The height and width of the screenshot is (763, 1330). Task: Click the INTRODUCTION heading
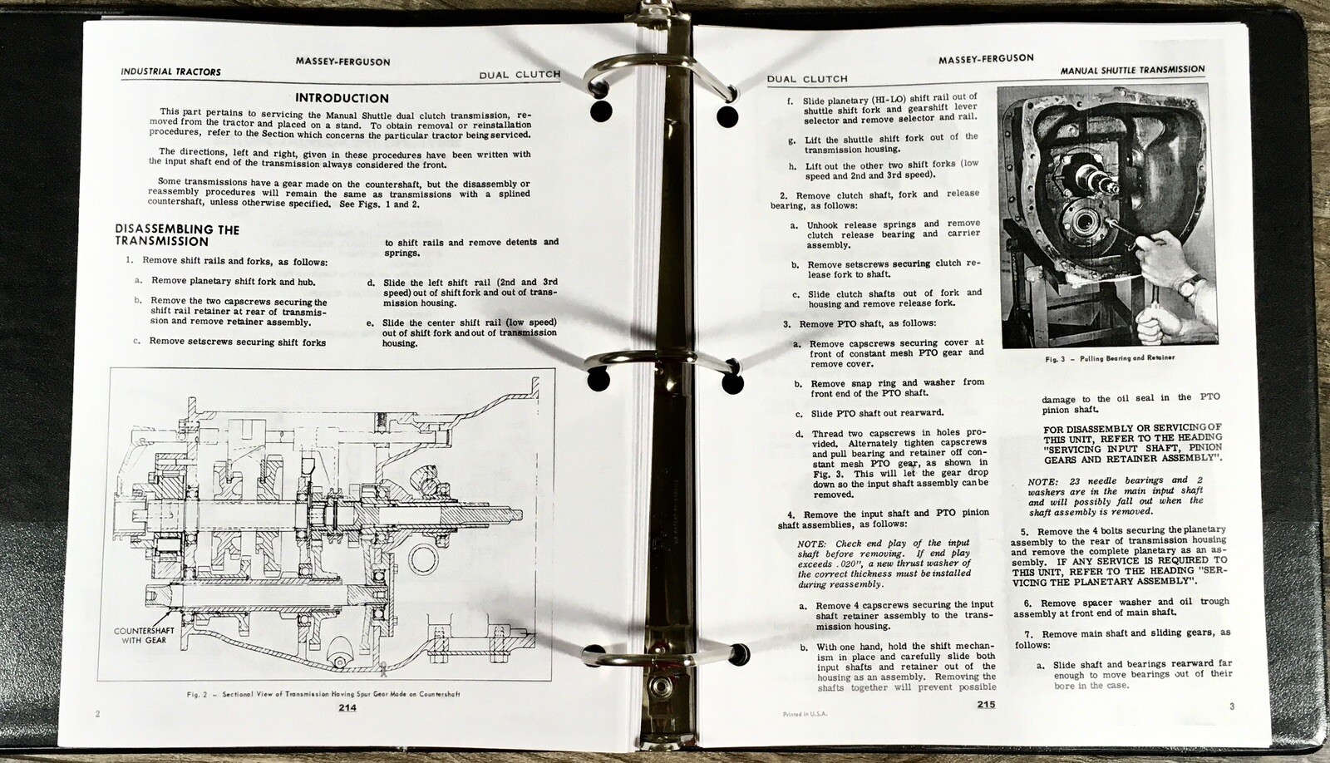[342, 98]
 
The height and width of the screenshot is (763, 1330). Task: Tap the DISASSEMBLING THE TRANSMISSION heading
[177, 235]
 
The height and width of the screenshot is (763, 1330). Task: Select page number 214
[347, 707]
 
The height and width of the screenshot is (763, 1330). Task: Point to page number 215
[986, 704]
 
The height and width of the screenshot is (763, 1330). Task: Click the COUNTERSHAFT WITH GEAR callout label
[145, 635]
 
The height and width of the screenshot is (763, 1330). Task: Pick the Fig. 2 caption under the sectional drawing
[323, 694]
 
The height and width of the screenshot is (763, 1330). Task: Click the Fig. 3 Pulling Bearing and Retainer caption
[1110, 358]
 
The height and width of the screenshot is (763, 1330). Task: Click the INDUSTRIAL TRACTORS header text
[171, 71]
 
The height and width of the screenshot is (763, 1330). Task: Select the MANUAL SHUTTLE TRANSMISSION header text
[1133, 70]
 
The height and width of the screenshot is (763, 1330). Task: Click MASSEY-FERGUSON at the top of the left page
[342, 62]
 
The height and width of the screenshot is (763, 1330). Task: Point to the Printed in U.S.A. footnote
[805, 714]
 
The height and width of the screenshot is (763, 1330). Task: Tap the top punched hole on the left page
[601, 111]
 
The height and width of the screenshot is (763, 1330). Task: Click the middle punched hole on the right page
[732, 384]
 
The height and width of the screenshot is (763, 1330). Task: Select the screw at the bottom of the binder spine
[659, 687]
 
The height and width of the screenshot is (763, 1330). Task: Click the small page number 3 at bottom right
[1232, 706]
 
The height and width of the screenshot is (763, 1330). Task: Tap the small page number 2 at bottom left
[97, 714]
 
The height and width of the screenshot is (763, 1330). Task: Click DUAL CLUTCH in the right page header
[807, 79]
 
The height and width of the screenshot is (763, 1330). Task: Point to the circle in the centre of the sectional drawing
[423, 560]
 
